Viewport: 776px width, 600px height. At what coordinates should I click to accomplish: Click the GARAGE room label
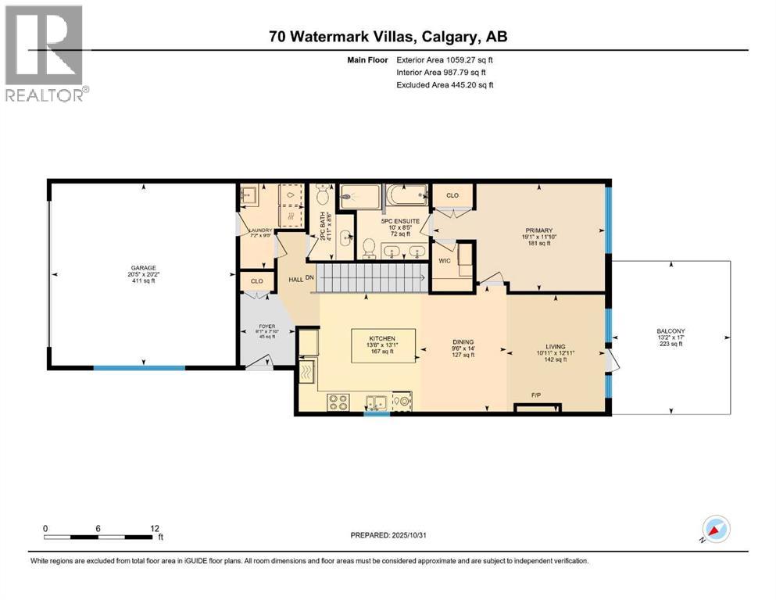143,266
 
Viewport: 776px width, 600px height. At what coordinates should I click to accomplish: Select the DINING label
464,341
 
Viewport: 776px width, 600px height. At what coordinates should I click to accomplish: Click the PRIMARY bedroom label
539,230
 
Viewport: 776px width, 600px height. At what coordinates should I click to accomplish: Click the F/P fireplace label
537,395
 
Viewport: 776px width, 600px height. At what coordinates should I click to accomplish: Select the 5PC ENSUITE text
395,220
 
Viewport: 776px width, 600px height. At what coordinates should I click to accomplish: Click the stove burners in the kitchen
338,402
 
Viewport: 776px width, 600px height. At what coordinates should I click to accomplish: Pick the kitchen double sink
377,403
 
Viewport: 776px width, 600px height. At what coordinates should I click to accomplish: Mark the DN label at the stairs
309,277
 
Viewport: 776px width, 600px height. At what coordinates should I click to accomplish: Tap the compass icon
716,529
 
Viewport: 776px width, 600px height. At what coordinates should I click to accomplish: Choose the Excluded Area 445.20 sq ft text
445,84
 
